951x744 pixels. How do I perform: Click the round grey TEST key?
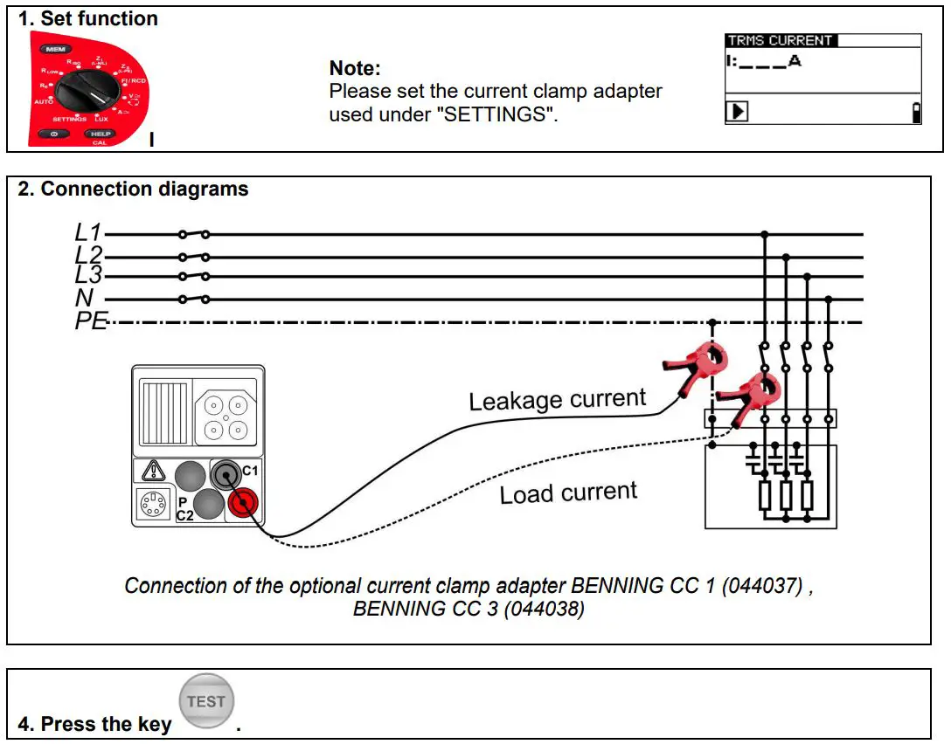[206, 702]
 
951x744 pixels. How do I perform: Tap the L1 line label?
[87, 233]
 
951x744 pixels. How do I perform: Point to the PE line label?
[90, 321]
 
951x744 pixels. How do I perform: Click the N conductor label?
[85, 299]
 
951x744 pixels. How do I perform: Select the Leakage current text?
[557, 400]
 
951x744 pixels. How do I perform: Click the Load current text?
[568, 493]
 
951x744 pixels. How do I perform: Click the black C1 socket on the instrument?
[226, 475]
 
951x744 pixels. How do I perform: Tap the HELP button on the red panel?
[99, 134]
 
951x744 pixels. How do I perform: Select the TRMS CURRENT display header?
[781, 40]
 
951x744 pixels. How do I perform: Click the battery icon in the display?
[916, 113]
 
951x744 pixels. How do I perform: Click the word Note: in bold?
[355, 68]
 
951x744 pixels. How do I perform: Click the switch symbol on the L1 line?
[193, 234]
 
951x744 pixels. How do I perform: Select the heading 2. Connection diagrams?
[134, 189]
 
